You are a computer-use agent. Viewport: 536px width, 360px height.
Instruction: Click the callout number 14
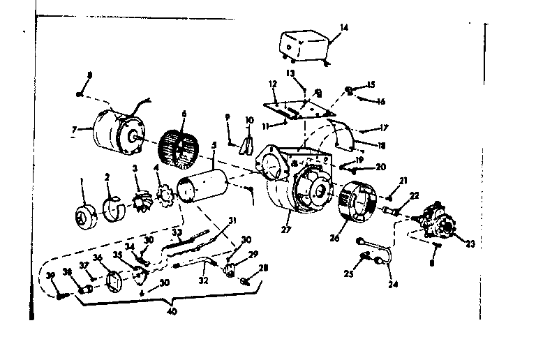click(343, 28)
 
